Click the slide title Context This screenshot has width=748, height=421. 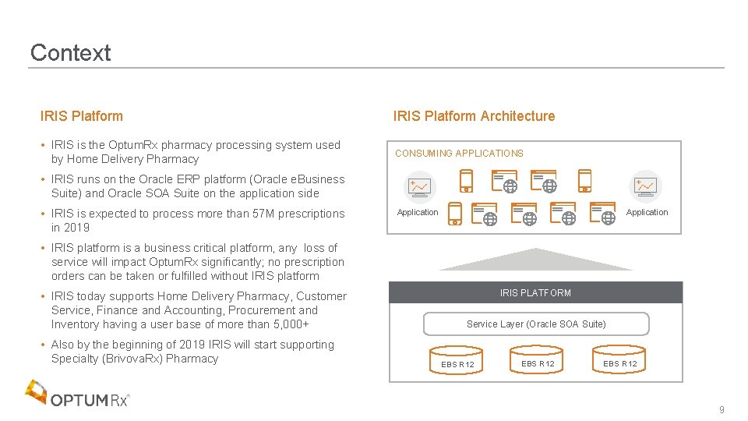[x=70, y=53]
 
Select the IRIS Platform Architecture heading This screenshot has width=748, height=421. [x=474, y=116]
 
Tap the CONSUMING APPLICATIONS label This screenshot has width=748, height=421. [x=459, y=154]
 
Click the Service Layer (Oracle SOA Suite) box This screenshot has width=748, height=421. [x=536, y=324]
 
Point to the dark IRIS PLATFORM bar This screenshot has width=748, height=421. [x=535, y=292]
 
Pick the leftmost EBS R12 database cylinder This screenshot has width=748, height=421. [x=457, y=361]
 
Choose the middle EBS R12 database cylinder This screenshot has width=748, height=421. [x=538, y=359]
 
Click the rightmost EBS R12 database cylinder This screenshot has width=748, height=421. [x=619, y=359]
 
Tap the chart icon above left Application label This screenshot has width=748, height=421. [x=419, y=186]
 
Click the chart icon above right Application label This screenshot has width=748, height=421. [x=645, y=186]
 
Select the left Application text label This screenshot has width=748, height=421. [x=418, y=212]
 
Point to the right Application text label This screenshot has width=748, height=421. [x=647, y=212]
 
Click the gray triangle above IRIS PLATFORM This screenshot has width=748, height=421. [x=535, y=260]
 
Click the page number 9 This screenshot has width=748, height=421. [x=722, y=410]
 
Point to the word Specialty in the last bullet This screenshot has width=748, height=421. [x=74, y=359]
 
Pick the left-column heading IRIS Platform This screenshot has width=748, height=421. [x=81, y=116]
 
